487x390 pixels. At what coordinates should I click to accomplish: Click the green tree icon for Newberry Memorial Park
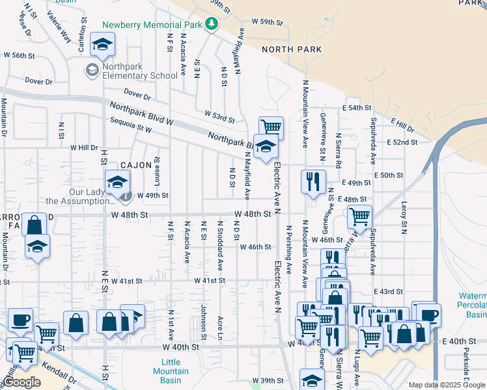pyautogui.click(x=211, y=24)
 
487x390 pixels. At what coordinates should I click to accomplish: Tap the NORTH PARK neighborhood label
pyautogui.click(x=292, y=49)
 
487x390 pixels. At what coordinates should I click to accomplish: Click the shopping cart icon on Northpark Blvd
pyautogui.click(x=271, y=126)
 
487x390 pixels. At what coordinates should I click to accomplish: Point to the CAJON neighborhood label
pyautogui.click(x=136, y=165)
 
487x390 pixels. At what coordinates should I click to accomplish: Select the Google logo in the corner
pyautogui.click(x=22, y=382)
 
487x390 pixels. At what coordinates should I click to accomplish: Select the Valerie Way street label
pyautogui.click(x=59, y=28)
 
